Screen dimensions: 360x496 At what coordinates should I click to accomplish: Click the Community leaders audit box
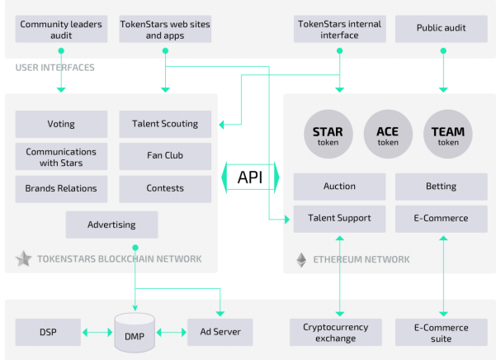pyautogui.click(x=61, y=30)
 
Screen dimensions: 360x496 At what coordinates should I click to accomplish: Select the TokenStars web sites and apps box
pyautogui.click(x=165, y=30)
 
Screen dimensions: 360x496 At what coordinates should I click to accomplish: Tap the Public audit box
pyautogui.click(x=442, y=28)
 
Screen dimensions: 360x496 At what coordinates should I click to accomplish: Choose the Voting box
pyautogui.click(x=61, y=125)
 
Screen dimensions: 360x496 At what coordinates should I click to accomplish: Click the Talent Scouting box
pyautogui.click(x=165, y=125)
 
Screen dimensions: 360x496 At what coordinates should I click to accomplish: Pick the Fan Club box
pyautogui.click(x=165, y=155)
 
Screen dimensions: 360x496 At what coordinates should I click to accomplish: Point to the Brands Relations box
pyautogui.click(x=61, y=188)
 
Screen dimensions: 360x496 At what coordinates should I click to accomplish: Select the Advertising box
pyautogui.click(x=111, y=225)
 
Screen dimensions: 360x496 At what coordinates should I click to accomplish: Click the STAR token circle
pyautogui.click(x=333, y=135)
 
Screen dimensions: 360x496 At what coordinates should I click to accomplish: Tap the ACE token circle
pyautogui.click(x=387, y=135)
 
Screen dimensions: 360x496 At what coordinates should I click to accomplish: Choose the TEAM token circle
pyautogui.click(x=448, y=135)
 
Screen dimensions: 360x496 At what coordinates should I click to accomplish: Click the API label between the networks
pyautogui.click(x=250, y=178)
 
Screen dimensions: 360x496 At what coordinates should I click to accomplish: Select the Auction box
pyautogui.click(x=339, y=187)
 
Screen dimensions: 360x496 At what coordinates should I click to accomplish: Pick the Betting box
pyautogui.click(x=442, y=187)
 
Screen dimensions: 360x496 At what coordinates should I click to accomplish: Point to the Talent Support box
pyautogui.click(x=339, y=219)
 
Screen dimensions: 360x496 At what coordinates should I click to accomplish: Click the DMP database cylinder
pyautogui.click(x=134, y=333)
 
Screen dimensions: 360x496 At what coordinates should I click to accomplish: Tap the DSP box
pyautogui.click(x=47, y=333)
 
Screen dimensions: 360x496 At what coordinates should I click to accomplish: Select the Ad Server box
pyautogui.click(x=219, y=333)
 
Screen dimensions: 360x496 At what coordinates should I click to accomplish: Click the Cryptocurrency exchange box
pyautogui.click(x=339, y=332)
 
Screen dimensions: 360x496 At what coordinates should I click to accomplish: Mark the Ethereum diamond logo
pyautogui.click(x=302, y=260)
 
